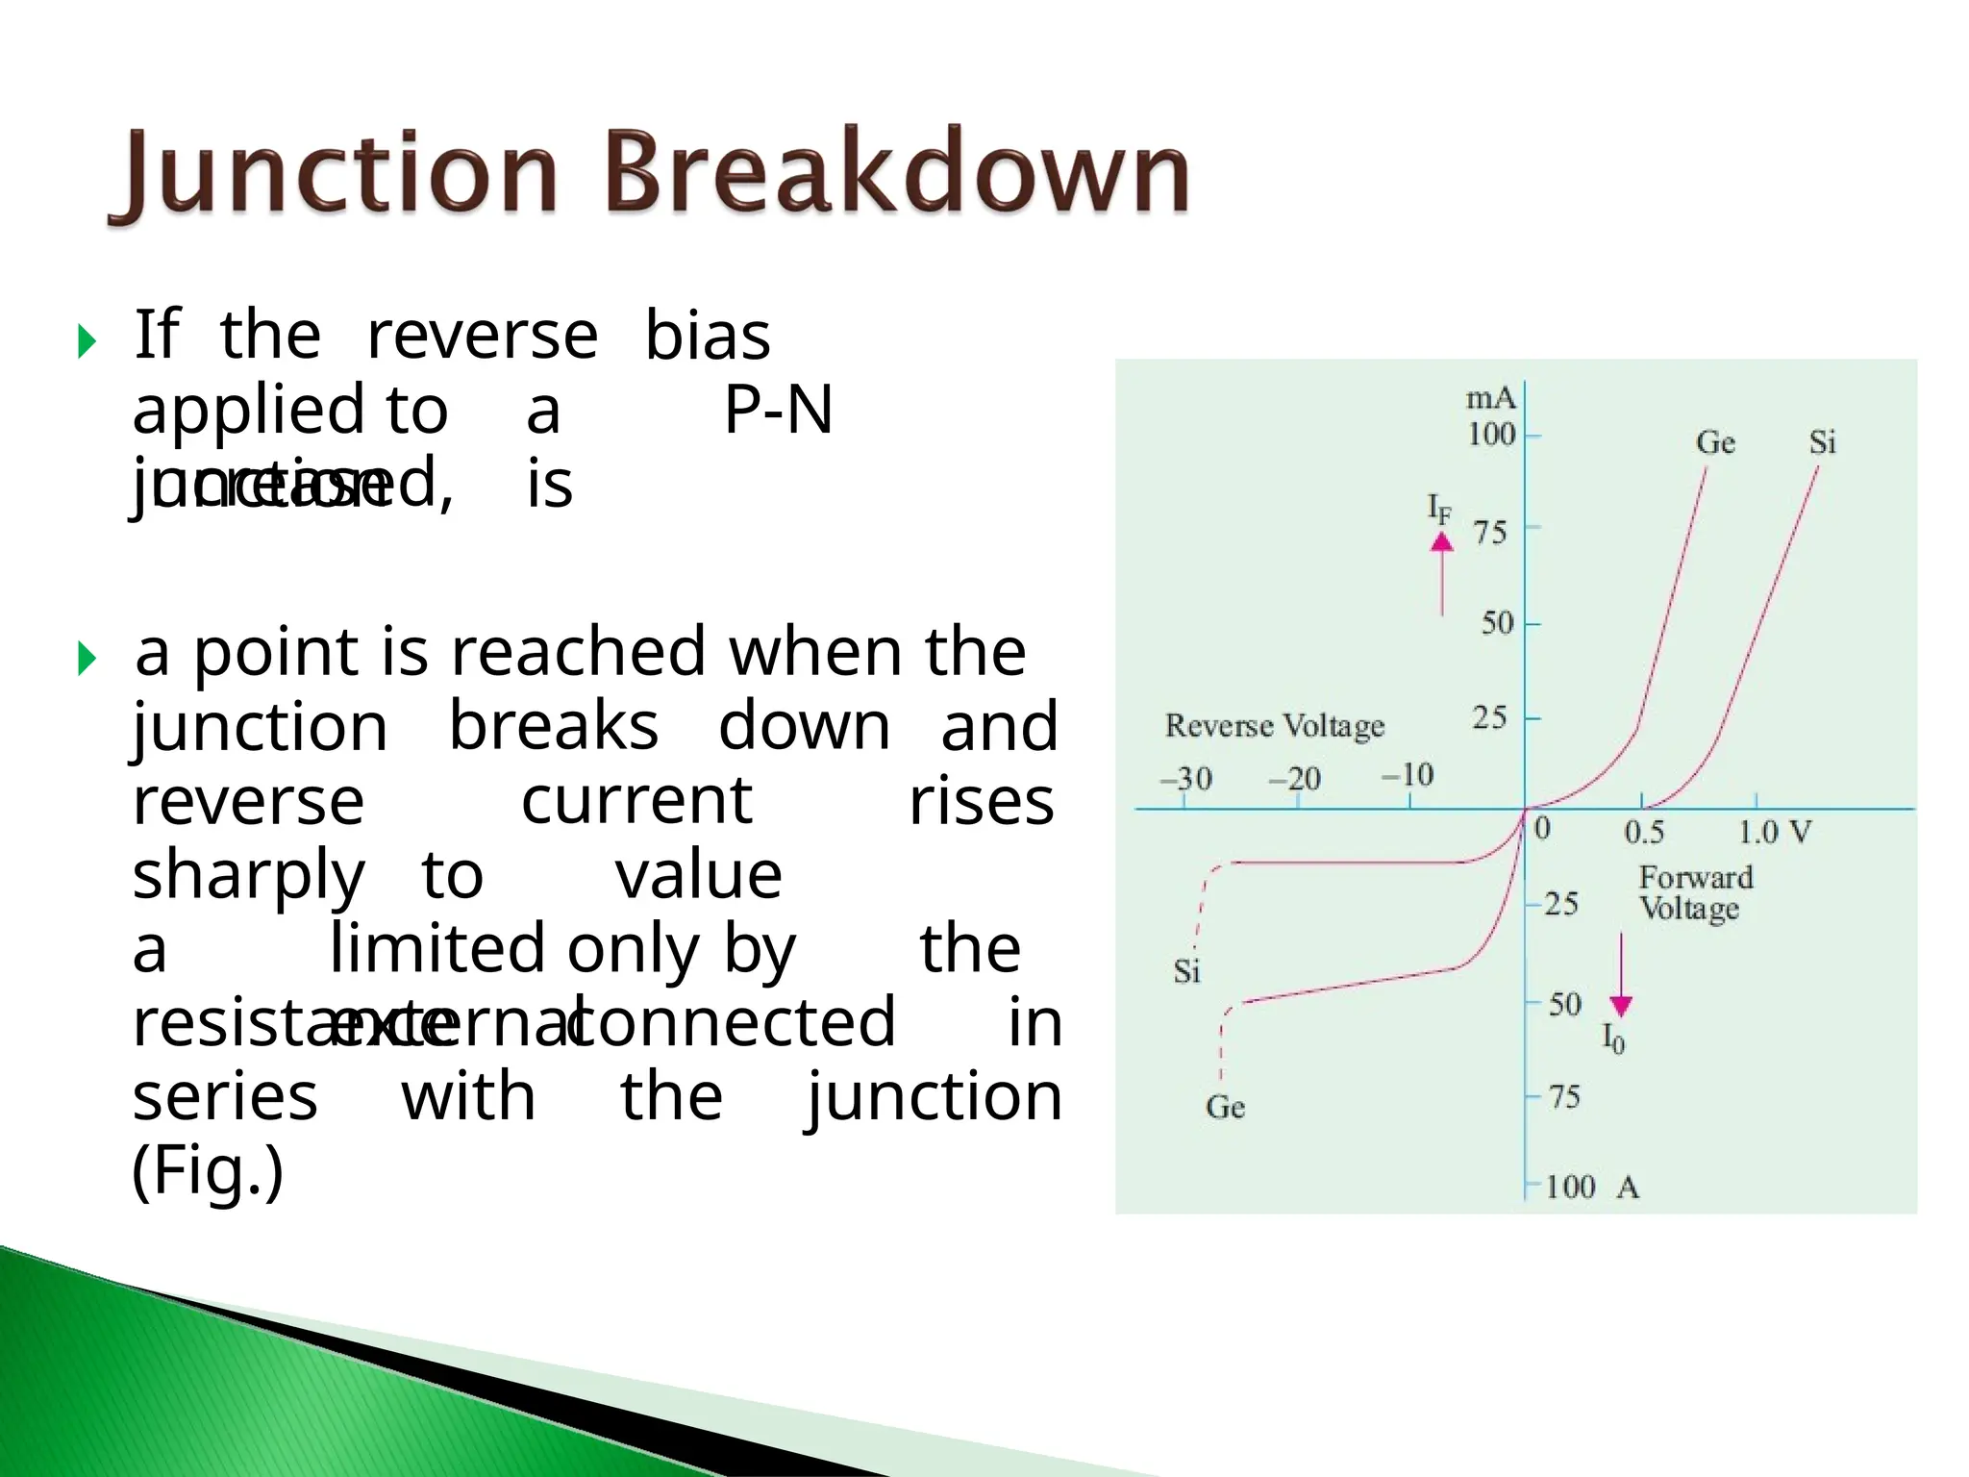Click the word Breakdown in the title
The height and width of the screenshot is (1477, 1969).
[896, 173]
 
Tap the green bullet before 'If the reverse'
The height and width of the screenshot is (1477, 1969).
[87, 341]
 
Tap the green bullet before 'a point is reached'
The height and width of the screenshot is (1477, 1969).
[87, 659]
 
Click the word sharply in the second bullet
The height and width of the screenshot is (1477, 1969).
[248, 876]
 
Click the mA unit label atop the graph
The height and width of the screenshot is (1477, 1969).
[1490, 398]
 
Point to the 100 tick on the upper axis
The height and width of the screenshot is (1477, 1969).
[1491, 435]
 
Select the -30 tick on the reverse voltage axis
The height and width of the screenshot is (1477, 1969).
[1186, 778]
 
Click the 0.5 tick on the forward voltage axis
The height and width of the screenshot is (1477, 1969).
[1644, 833]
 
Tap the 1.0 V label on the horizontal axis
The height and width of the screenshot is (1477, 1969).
[1775, 833]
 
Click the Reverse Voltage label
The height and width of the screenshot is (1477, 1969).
[1275, 726]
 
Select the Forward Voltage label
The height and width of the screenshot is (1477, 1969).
[1695, 892]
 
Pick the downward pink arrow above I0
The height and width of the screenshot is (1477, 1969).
[1621, 976]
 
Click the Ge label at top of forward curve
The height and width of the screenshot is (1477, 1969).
[1715, 443]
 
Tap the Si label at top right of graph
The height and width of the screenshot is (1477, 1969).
[1822, 443]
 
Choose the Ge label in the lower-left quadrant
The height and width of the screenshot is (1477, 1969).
[1225, 1108]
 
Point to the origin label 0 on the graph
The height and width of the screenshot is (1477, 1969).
[1542, 828]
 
